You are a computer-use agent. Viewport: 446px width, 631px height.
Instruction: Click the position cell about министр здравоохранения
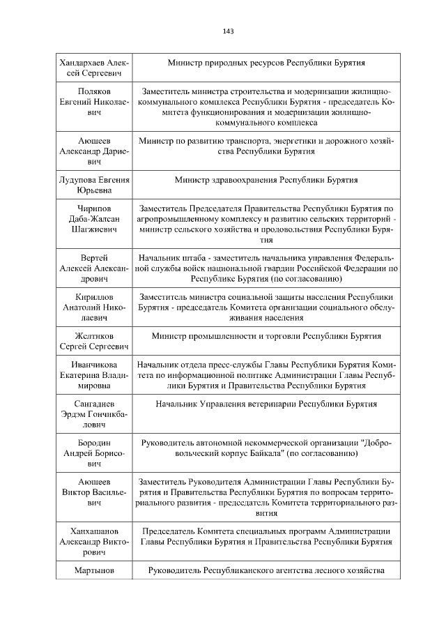coord(266,180)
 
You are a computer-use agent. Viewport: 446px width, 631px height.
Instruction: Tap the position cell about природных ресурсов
coord(266,63)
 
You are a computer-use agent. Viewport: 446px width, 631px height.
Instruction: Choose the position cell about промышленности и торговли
coord(266,336)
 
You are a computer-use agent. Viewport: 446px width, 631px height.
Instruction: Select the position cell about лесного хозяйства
coord(266,571)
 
